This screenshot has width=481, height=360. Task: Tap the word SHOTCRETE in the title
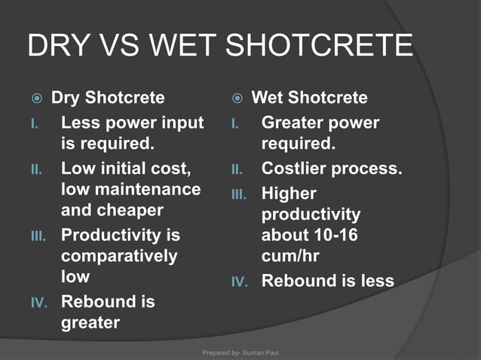tap(319, 45)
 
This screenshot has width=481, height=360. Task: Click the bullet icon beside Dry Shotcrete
tap(37, 99)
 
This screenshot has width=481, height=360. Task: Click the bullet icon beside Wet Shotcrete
tap(237, 99)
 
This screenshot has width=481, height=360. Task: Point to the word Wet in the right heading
tap(267, 97)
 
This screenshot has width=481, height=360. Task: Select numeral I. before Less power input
tap(35, 124)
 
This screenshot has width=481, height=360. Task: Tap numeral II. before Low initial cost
tap(36, 169)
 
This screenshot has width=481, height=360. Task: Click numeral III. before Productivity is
tap(38, 236)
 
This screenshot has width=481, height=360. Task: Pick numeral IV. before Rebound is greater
tap(39, 303)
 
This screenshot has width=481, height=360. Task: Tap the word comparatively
tap(119, 257)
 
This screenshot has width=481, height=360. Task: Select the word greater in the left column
tap(90, 324)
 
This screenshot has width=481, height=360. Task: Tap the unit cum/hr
tap(290, 256)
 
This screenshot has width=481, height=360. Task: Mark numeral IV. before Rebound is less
tap(240, 282)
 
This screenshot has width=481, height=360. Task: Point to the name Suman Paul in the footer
tap(260, 352)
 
